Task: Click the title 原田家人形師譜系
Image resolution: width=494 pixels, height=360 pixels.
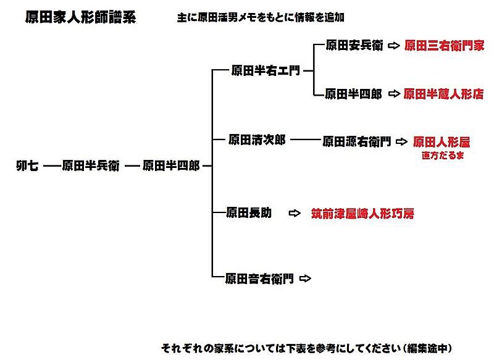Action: (x=81, y=17)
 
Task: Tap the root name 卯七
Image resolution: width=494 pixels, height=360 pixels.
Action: (x=28, y=166)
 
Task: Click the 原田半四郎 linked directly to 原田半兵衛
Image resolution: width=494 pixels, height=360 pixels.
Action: (x=171, y=166)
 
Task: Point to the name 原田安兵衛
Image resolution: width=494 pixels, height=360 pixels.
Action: (x=354, y=46)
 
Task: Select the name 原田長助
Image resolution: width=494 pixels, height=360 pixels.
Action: (x=249, y=213)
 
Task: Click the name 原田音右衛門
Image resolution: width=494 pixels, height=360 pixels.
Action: (x=259, y=278)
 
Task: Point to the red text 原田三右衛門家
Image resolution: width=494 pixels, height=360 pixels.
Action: (x=444, y=46)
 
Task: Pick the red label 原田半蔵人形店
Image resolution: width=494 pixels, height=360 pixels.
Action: (x=443, y=94)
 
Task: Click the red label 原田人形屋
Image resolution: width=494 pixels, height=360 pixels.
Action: (x=442, y=141)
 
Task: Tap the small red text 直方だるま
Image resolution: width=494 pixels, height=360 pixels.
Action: (x=443, y=156)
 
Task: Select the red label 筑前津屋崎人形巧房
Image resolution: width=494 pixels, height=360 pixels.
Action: (x=362, y=214)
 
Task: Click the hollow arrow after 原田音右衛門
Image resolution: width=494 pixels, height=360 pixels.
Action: (x=305, y=278)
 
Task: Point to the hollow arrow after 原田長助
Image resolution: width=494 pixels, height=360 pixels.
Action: (x=295, y=213)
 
